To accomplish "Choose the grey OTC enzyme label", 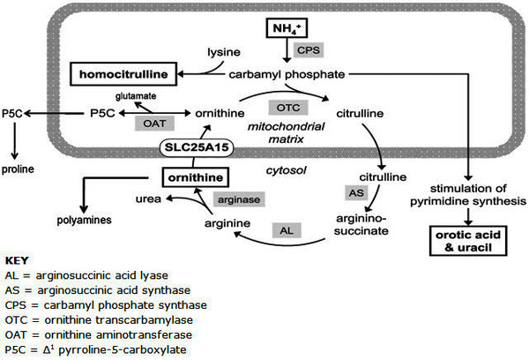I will (x=286, y=107).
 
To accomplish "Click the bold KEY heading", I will (x=18, y=262).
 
